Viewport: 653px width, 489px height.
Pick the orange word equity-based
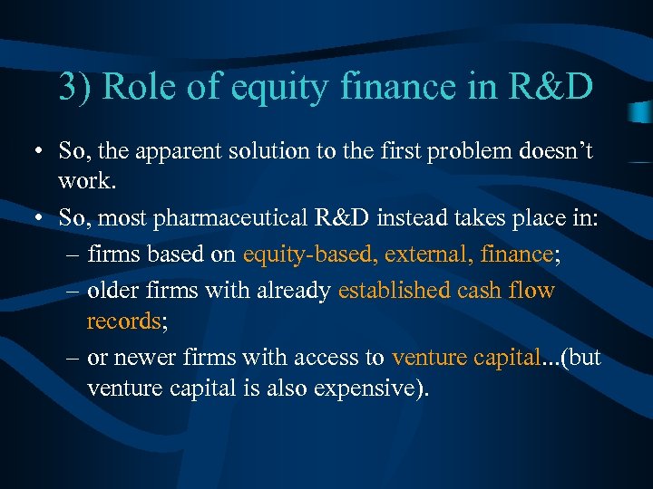click(x=309, y=254)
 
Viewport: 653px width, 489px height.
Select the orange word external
click(x=420, y=254)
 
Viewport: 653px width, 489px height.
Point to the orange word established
click(x=394, y=290)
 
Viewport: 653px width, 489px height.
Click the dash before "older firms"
click(x=73, y=290)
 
